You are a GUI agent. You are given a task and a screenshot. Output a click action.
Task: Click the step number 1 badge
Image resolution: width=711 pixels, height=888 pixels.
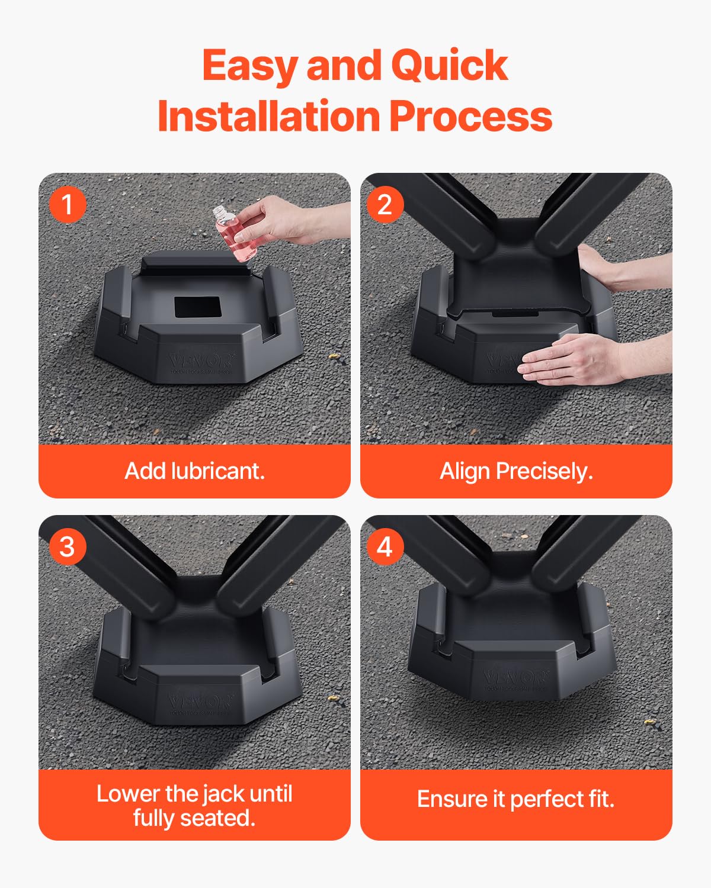tap(67, 204)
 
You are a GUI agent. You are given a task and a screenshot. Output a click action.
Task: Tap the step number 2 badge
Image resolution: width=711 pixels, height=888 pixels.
tap(385, 204)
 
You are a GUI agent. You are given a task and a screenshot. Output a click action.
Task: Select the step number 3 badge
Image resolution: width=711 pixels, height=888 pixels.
tap(67, 546)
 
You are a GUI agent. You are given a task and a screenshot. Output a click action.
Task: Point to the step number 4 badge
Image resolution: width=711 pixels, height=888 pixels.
tap(385, 546)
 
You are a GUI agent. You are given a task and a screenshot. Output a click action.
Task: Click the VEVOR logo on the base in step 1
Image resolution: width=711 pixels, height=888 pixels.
tap(201, 360)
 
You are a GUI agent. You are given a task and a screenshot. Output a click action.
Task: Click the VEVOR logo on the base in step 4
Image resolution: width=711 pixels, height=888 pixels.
tap(516, 676)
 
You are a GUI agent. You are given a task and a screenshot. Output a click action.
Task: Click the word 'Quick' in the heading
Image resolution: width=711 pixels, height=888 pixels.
tap(449, 65)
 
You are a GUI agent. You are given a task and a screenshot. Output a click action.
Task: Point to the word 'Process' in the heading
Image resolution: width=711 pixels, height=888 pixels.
tap(471, 116)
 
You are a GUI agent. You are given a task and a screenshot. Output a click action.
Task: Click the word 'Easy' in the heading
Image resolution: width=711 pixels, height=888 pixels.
tap(250, 65)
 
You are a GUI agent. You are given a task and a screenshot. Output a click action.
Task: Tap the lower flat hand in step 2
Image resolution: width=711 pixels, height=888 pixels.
tap(569, 359)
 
